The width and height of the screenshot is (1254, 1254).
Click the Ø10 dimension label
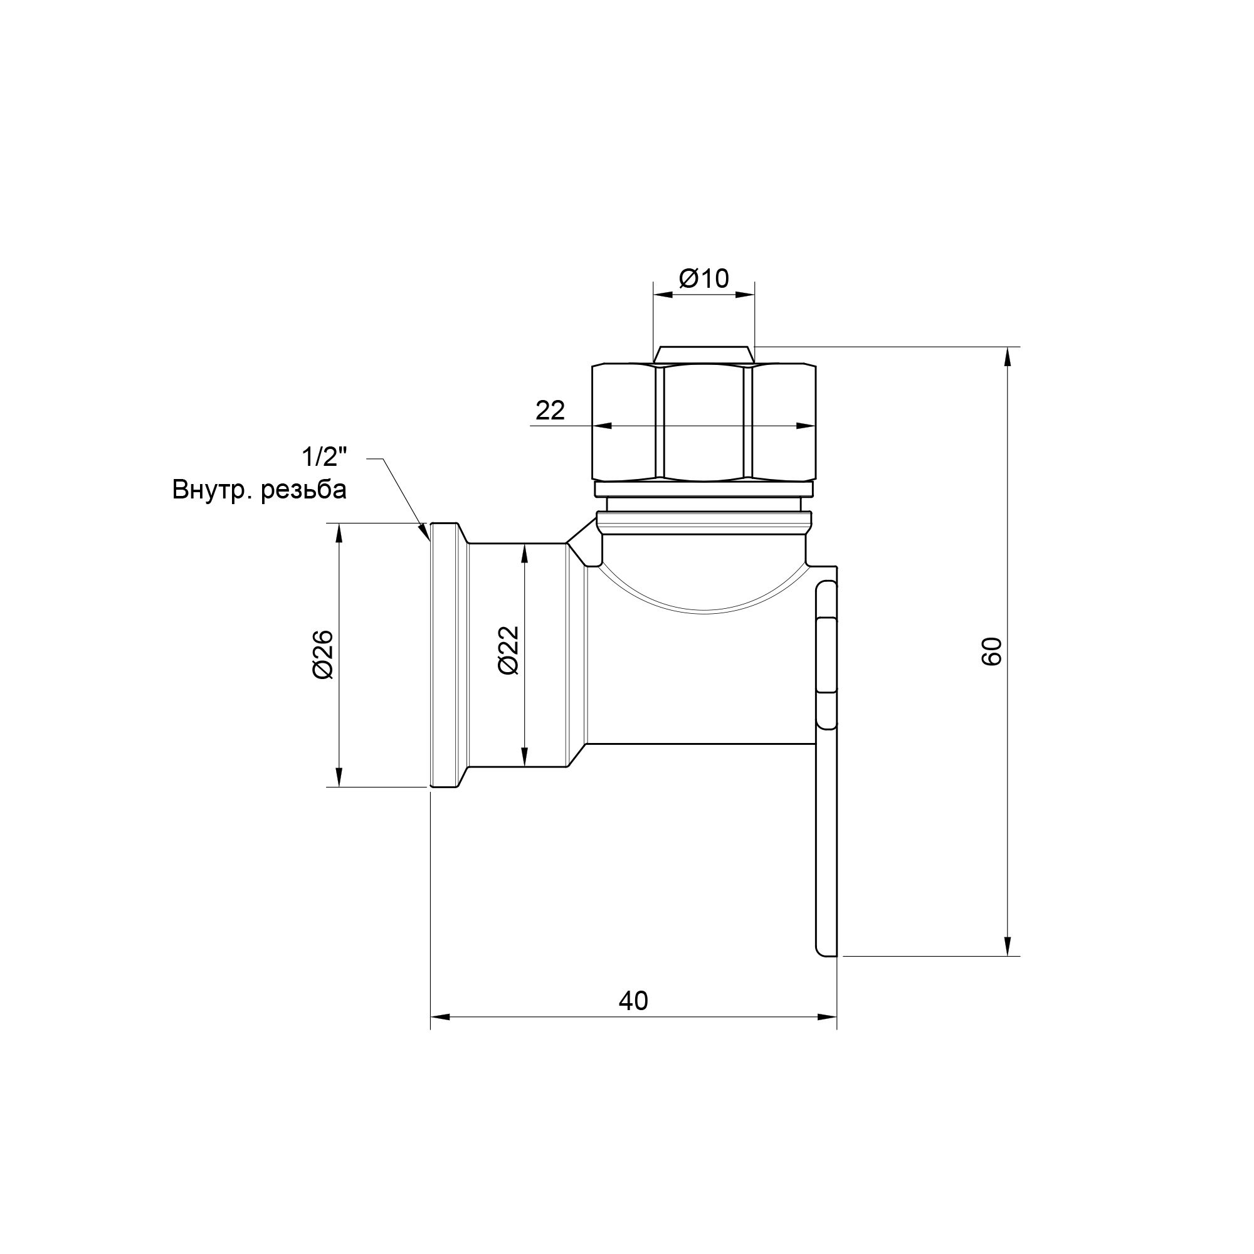703,279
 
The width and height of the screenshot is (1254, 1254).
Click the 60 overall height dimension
992,651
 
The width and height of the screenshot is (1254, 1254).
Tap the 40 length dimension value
633,1001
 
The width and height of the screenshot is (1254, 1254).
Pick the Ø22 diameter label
510,650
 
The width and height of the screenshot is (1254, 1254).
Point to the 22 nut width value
550,410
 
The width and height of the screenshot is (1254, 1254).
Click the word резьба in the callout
303,491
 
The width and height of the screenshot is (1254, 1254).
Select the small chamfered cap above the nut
704,355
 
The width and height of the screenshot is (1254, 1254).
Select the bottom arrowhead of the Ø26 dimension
338,778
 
